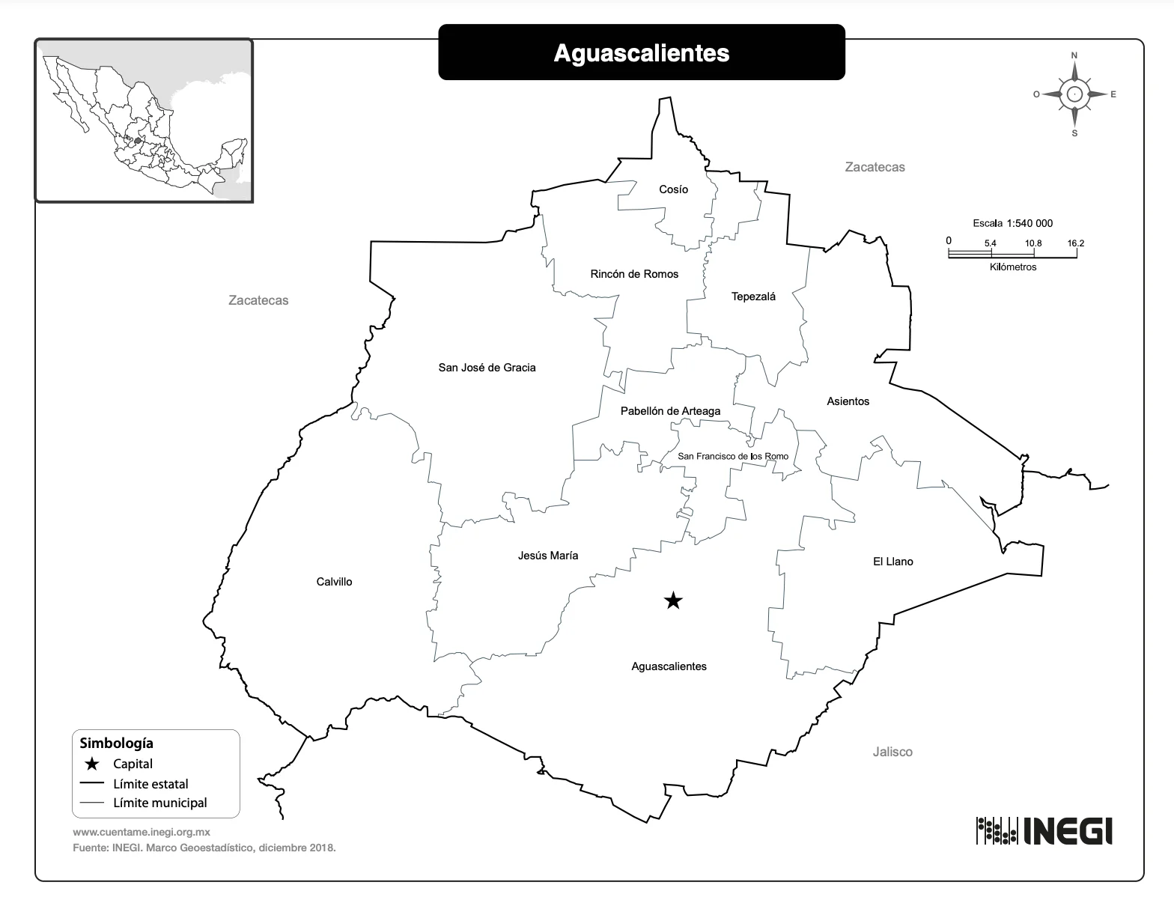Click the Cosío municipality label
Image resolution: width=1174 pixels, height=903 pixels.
(673, 189)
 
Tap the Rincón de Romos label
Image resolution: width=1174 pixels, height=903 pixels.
(634, 274)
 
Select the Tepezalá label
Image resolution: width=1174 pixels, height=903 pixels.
(753, 297)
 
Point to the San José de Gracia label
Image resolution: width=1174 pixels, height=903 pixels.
(487, 368)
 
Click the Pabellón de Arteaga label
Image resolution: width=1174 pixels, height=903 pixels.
(670, 411)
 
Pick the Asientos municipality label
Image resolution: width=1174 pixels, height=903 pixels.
(848, 401)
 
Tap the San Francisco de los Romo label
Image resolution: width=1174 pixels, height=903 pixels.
(733, 456)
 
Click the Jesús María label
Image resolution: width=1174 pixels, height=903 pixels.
(548, 556)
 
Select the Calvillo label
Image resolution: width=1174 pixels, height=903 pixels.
(334, 582)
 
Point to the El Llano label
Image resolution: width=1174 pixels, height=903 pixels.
(892, 562)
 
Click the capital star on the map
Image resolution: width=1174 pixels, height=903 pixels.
(673, 601)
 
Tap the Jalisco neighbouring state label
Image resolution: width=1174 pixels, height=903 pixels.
(892, 752)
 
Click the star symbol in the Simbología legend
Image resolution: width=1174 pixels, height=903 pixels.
(91, 764)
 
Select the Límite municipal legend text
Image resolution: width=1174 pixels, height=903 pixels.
(159, 803)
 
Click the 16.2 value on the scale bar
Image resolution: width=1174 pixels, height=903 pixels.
(1076, 243)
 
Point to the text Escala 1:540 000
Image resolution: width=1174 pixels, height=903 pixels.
(1012, 223)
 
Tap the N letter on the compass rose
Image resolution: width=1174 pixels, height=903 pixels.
(1074, 55)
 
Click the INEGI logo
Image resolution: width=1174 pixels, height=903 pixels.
(1044, 830)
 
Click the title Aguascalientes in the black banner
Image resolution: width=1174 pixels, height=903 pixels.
(641, 52)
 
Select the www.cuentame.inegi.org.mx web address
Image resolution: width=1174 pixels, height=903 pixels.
(142, 832)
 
